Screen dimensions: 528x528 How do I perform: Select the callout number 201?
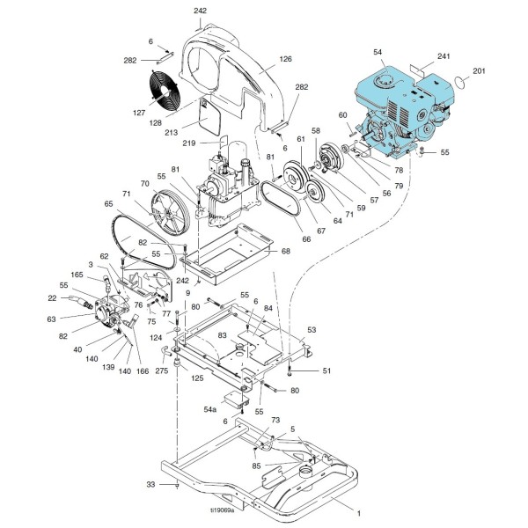coord(479,70)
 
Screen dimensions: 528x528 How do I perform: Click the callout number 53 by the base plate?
coord(311,330)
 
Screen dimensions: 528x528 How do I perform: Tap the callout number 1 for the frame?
coord(357,510)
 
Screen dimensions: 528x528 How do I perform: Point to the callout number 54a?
coord(210,409)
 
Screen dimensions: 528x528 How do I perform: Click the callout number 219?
coord(214,143)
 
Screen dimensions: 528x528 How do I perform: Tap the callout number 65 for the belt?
coord(109,203)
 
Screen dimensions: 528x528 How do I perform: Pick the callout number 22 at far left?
coord(52,297)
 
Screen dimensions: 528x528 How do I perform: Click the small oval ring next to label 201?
coord(458,83)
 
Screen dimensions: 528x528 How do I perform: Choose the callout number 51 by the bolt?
coord(326,371)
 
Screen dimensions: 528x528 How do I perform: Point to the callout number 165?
coord(77,275)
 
